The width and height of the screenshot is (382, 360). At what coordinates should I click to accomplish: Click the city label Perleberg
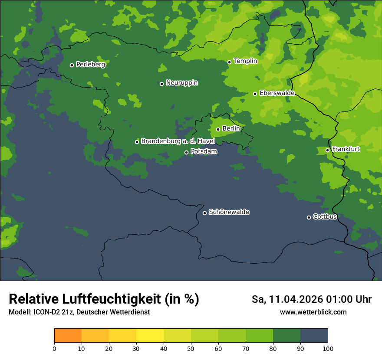90,65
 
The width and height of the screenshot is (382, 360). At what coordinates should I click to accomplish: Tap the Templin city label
245,61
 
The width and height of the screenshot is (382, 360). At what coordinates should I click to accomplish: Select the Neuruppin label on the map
181,83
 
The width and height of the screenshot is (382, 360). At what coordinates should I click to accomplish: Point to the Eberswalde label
277,93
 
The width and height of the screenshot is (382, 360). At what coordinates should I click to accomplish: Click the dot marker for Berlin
218,129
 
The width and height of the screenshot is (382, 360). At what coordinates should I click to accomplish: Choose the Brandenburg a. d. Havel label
178,141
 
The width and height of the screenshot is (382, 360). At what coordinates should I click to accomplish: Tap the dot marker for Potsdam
186,152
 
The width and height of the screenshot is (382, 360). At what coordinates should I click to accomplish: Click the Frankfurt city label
346,149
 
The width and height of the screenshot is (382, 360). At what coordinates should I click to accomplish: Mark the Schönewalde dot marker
204,213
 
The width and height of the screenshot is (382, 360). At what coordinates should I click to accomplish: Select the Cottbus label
325,216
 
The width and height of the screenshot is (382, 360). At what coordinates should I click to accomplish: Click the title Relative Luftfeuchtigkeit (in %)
104,299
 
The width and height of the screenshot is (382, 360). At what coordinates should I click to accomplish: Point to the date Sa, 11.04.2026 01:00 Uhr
311,299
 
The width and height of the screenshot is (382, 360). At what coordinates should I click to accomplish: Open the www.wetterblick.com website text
313,312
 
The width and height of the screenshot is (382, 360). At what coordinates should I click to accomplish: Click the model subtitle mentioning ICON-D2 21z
79,312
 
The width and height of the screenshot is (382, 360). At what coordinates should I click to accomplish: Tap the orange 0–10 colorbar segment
68,336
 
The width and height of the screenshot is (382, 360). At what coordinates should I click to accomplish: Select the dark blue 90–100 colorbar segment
314,336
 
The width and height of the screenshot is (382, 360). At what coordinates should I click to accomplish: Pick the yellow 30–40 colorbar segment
150,336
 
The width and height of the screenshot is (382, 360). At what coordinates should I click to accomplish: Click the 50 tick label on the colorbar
191,348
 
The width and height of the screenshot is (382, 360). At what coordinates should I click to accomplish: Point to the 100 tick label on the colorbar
328,348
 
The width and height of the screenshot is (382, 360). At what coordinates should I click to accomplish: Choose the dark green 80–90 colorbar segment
286,336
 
